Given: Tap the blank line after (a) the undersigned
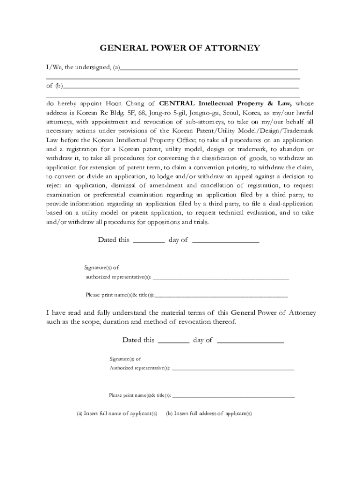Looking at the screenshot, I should [x=209, y=69].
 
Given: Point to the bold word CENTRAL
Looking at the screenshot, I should [x=178, y=103].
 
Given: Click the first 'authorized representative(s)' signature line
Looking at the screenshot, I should [x=221, y=278].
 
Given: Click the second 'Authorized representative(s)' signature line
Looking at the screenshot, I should [x=233, y=370].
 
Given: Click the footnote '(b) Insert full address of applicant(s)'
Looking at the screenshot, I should [x=209, y=414].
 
